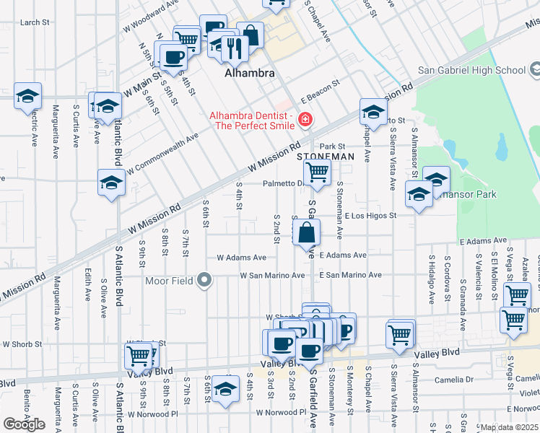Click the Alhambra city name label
coord(249,74)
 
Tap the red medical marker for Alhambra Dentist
coord(305,119)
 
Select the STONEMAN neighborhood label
coord(326,156)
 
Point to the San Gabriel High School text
coord(471,70)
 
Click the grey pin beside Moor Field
coord(205,280)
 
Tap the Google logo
coord(24,424)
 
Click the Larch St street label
coord(35,22)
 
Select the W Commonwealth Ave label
coord(162,154)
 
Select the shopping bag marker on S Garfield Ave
coord(307,233)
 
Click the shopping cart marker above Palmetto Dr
coord(317,172)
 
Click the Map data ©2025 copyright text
coord(509,427)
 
